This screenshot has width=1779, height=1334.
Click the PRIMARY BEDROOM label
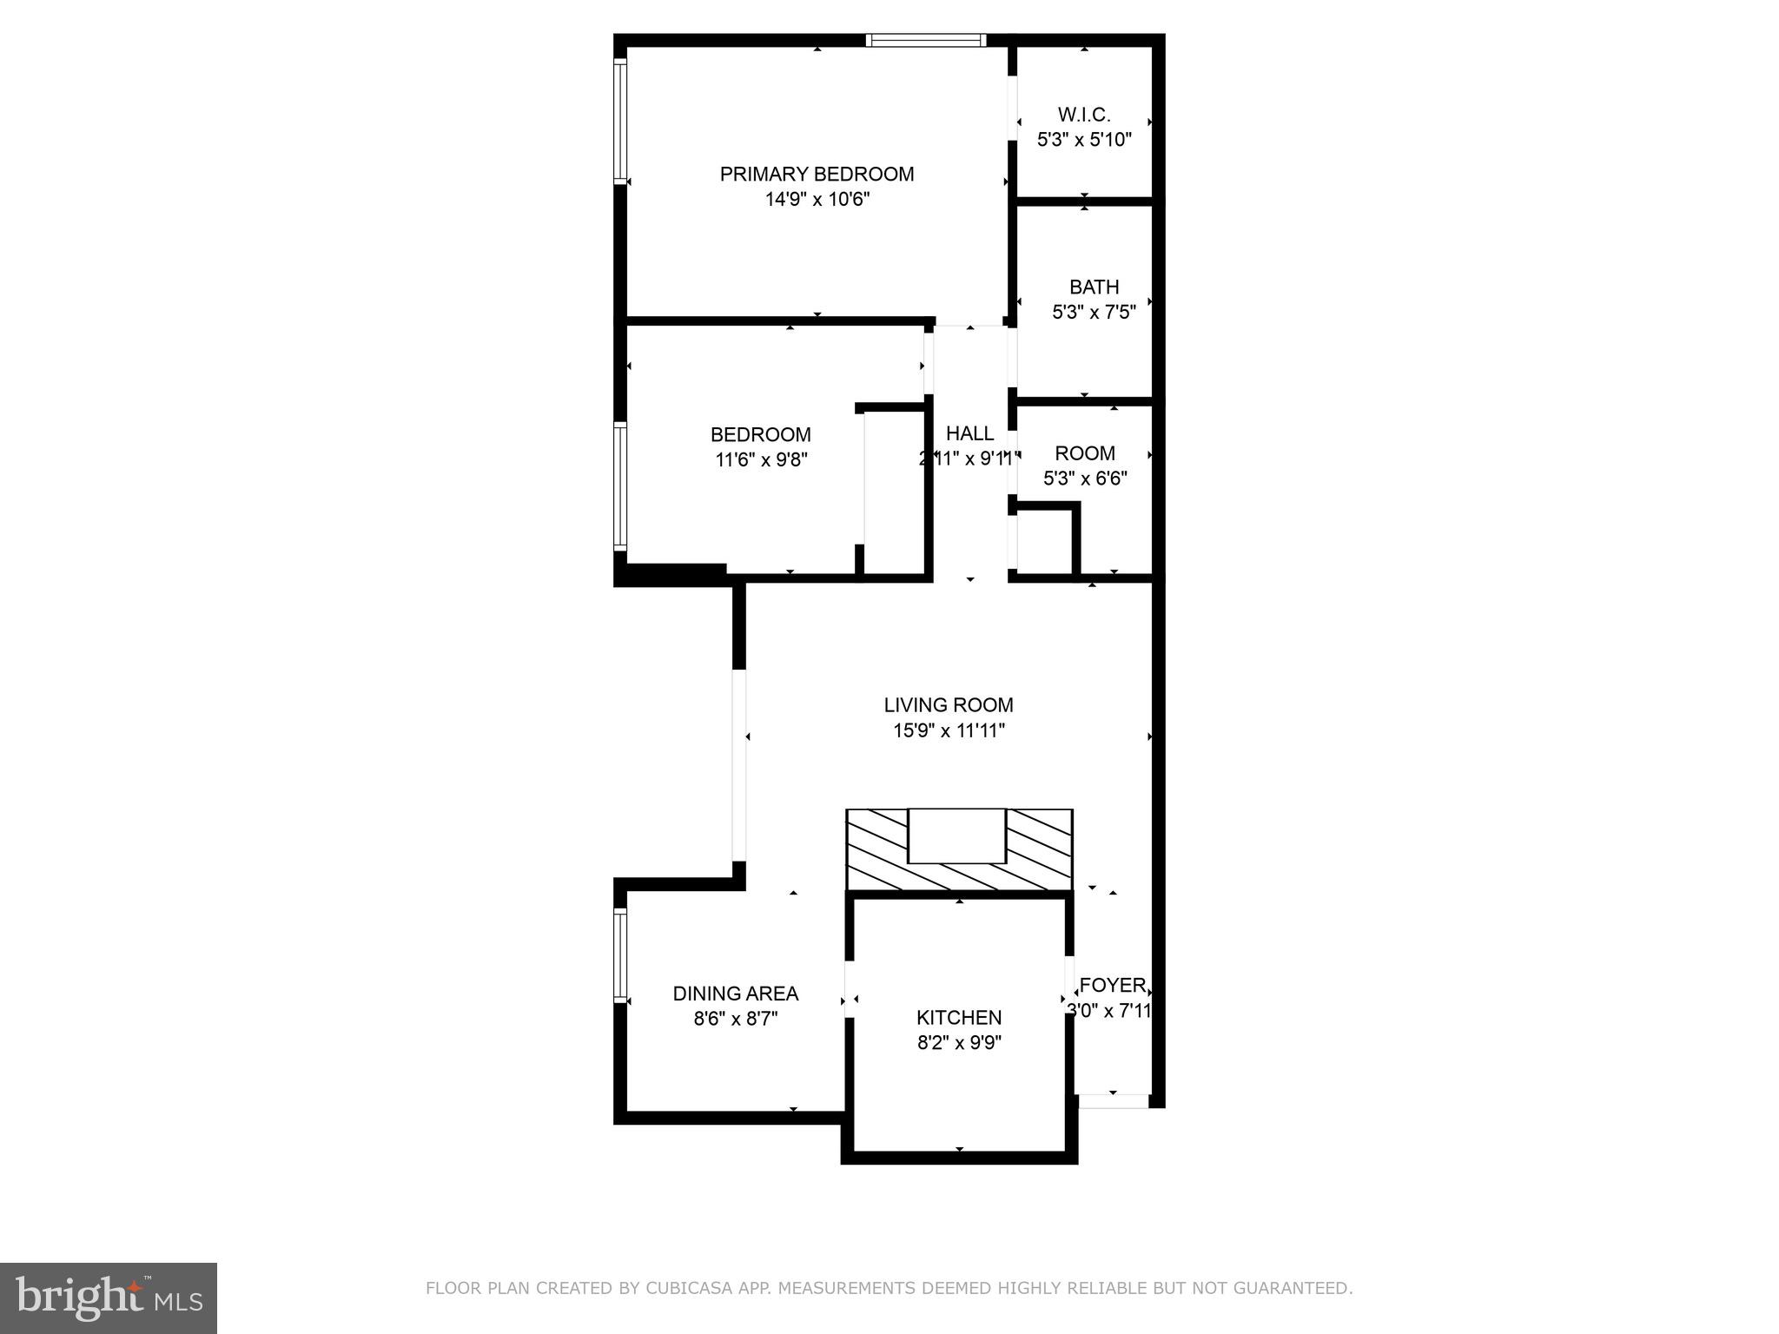(817, 174)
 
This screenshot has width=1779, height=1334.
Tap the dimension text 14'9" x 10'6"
(817, 200)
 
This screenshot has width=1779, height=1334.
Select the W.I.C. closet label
(1084, 115)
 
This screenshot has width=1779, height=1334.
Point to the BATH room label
(1094, 287)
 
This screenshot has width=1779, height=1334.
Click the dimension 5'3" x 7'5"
(1094, 312)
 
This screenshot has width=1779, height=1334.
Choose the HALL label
(969, 433)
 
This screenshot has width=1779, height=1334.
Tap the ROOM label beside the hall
(1085, 453)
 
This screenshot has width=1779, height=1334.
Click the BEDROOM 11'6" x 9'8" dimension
(761, 459)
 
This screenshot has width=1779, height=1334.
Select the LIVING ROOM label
(949, 705)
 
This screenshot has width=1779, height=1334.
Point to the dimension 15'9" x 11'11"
(949, 730)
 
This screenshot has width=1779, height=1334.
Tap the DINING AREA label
(735, 994)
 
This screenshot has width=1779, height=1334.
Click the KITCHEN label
(959, 1017)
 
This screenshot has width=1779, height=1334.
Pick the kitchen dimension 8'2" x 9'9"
(959, 1042)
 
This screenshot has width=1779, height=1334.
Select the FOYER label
(1112, 986)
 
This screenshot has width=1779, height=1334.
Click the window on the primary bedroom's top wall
(926, 40)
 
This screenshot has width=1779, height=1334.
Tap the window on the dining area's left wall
(620, 955)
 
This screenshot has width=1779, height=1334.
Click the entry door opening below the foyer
(1113, 1101)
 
